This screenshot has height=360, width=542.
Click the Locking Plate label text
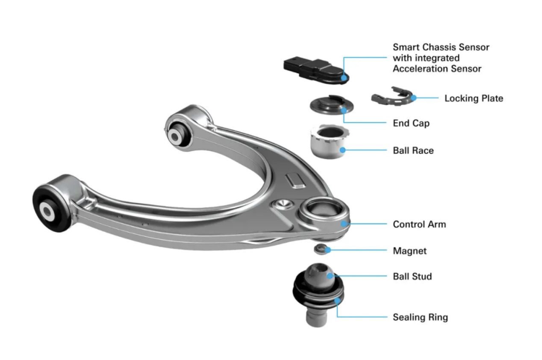pyautogui.click(x=474, y=98)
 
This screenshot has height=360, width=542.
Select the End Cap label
pyautogui.click(x=411, y=123)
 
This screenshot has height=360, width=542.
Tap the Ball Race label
pyautogui.click(x=413, y=150)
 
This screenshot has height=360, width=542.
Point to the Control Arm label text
pyautogui.click(x=419, y=224)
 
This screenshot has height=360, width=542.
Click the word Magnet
pyautogui.click(x=409, y=251)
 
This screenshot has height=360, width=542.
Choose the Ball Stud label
pyautogui.click(x=412, y=276)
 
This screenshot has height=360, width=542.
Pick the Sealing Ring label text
pyautogui.click(x=420, y=317)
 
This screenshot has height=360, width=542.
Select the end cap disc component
pyautogui.click(x=328, y=106)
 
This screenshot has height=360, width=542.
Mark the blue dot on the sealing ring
pyautogui.click(x=337, y=300)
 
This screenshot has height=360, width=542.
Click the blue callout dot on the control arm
pyautogui.click(x=343, y=223)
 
